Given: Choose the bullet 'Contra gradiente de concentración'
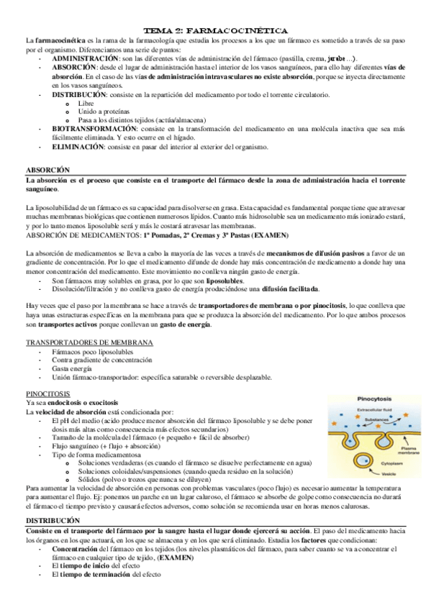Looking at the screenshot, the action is [97, 359].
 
